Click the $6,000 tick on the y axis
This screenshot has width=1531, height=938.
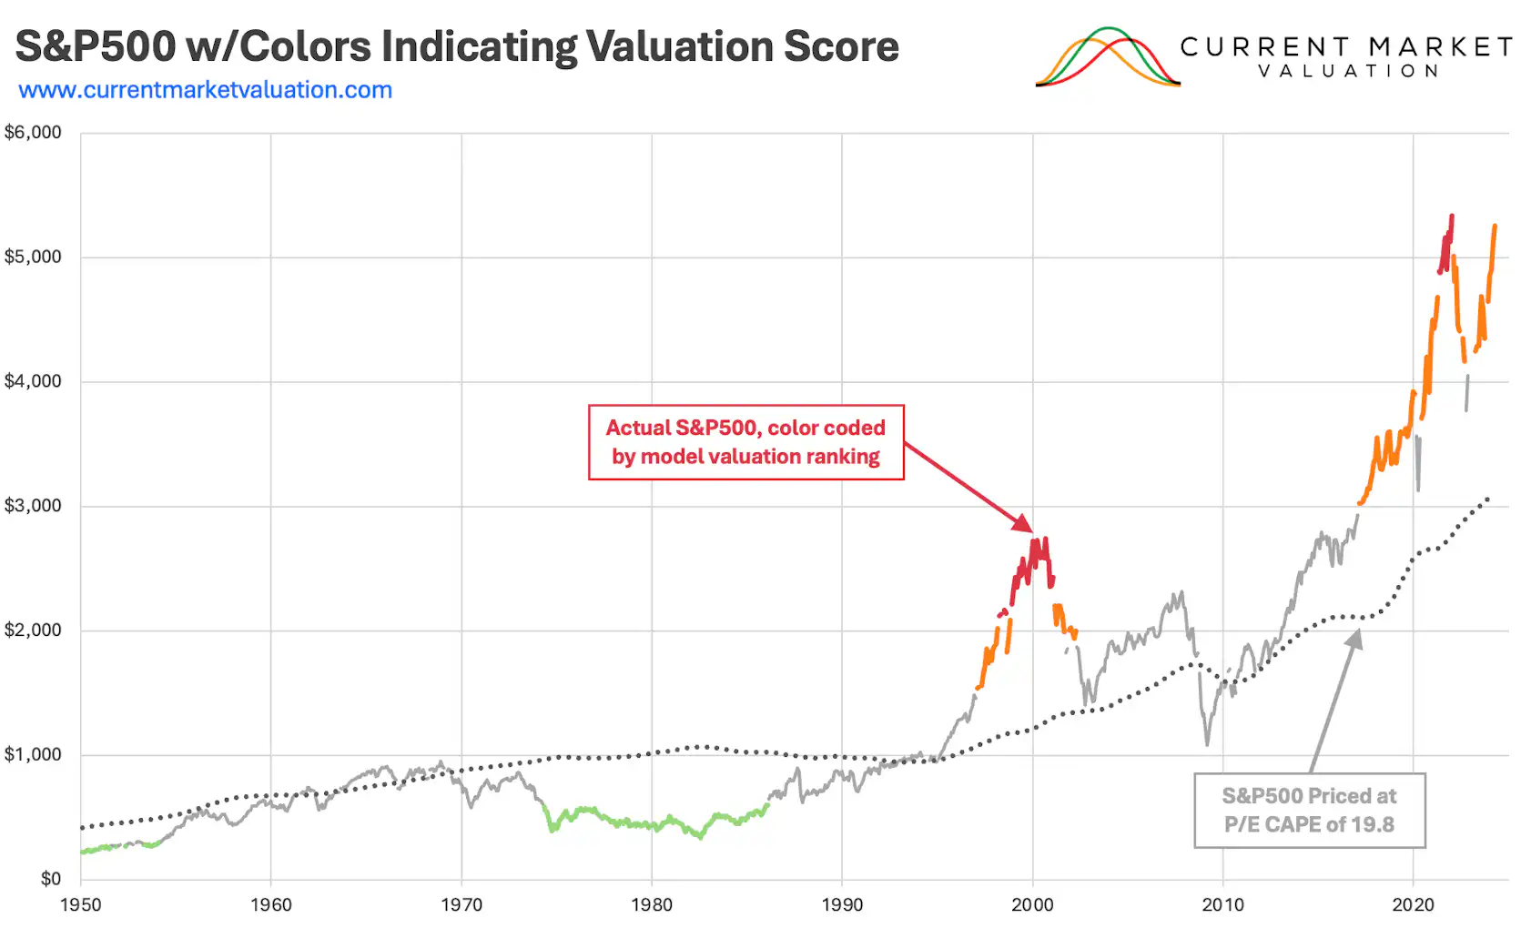[x=33, y=133]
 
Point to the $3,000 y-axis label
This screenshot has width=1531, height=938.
[x=33, y=506]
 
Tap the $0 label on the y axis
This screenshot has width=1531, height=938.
[x=50, y=879]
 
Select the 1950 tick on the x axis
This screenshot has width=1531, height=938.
[x=81, y=905]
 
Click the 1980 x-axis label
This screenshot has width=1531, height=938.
[x=652, y=905]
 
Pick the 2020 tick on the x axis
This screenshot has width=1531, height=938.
[x=1413, y=905]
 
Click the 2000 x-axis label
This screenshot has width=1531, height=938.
[x=1032, y=905]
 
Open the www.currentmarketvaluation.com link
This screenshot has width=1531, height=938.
[x=205, y=90]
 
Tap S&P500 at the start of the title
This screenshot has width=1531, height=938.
[x=95, y=46]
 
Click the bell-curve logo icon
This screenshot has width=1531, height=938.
[x=1108, y=58]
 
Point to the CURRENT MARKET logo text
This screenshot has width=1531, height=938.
[x=1346, y=47]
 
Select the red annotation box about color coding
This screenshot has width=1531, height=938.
[x=745, y=442]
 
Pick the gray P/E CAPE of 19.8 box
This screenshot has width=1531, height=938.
[x=1309, y=811]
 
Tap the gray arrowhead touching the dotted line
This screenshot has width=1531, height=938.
[x=1355, y=640]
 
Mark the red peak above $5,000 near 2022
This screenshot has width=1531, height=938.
[x=1451, y=217]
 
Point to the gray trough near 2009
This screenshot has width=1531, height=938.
[x=1208, y=743]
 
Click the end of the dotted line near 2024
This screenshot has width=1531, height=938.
[x=1487, y=499]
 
